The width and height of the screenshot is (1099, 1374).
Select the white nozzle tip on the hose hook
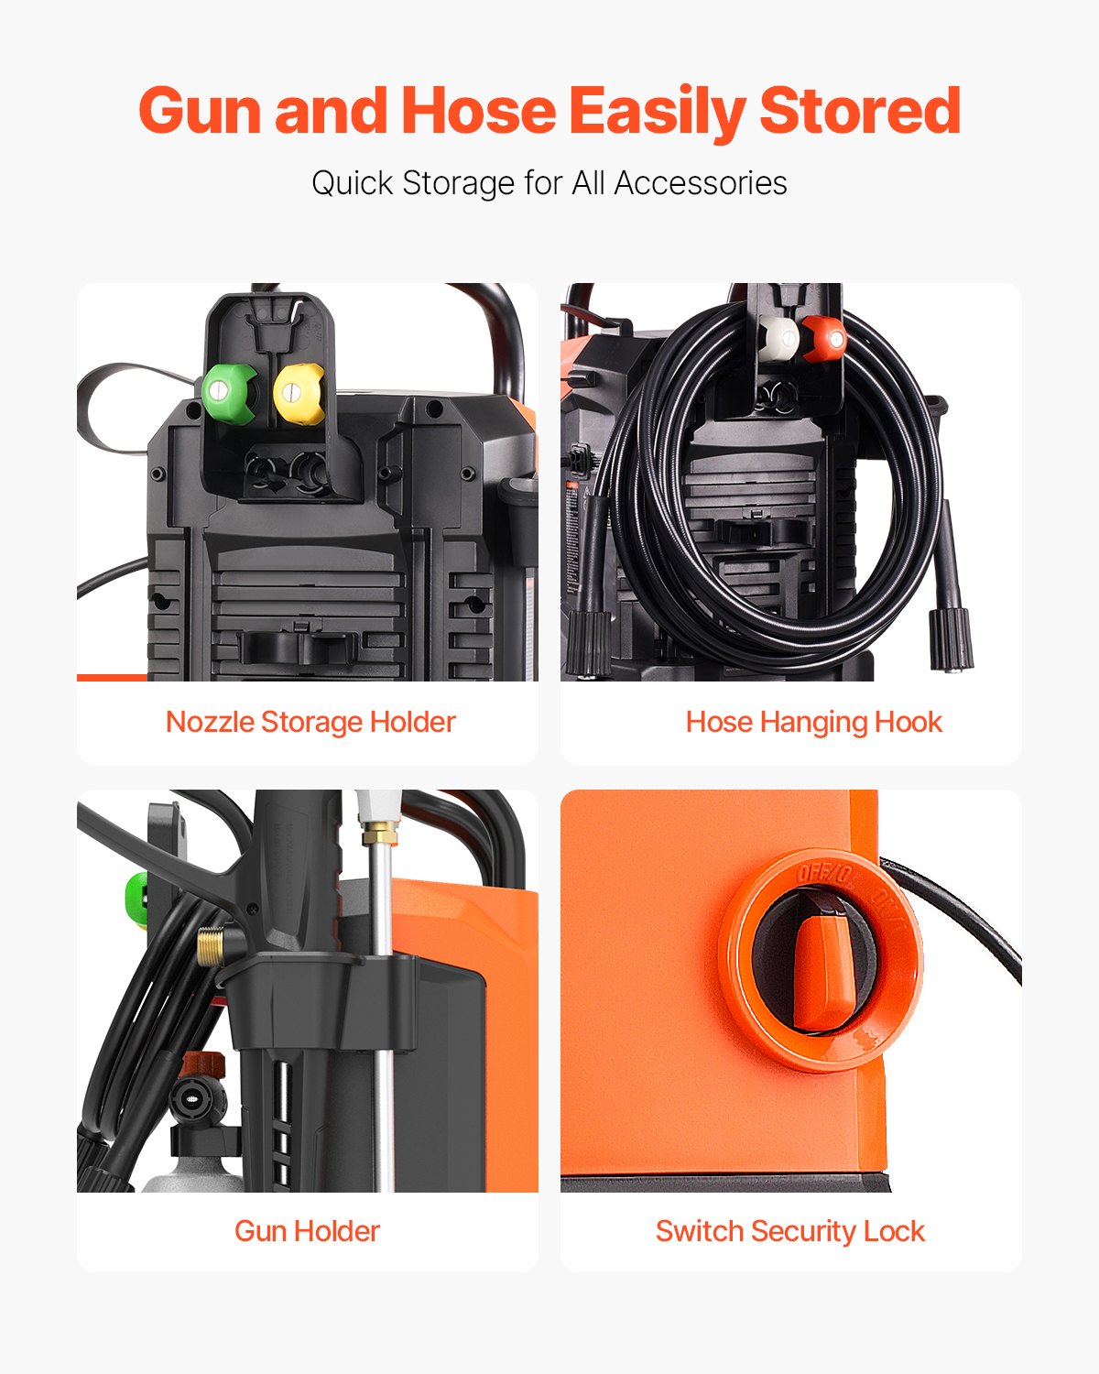pyautogui.click(x=779, y=338)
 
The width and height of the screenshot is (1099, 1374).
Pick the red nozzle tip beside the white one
pyautogui.click(x=825, y=338)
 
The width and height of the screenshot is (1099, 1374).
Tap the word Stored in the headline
pyautogui.click(x=859, y=111)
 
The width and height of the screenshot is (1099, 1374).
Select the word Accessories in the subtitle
pyautogui.click(x=701, y=183)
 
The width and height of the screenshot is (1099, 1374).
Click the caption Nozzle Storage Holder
pyautogui.click(x=310, y=722)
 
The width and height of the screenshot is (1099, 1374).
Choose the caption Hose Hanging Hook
pyautogui.click(x=813, y=722)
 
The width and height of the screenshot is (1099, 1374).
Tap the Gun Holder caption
pyautogui.click(x=307, y=1231)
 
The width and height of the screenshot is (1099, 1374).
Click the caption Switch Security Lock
pyautogui.click(x=789, y=1231)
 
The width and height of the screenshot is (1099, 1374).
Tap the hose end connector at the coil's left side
pyautogui.click(x=587, y=641)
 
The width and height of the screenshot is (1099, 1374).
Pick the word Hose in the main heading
pyautogui.click(x=478, y=111)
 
